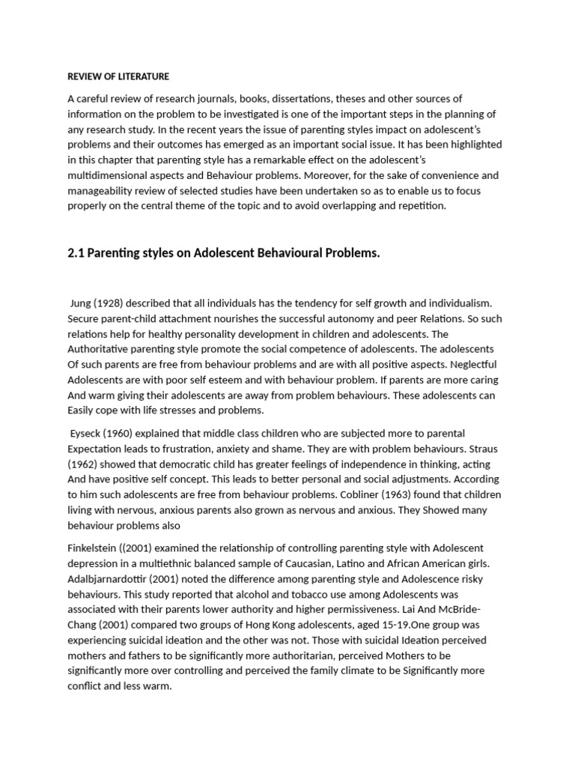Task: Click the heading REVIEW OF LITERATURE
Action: click(x=118, y=76)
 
